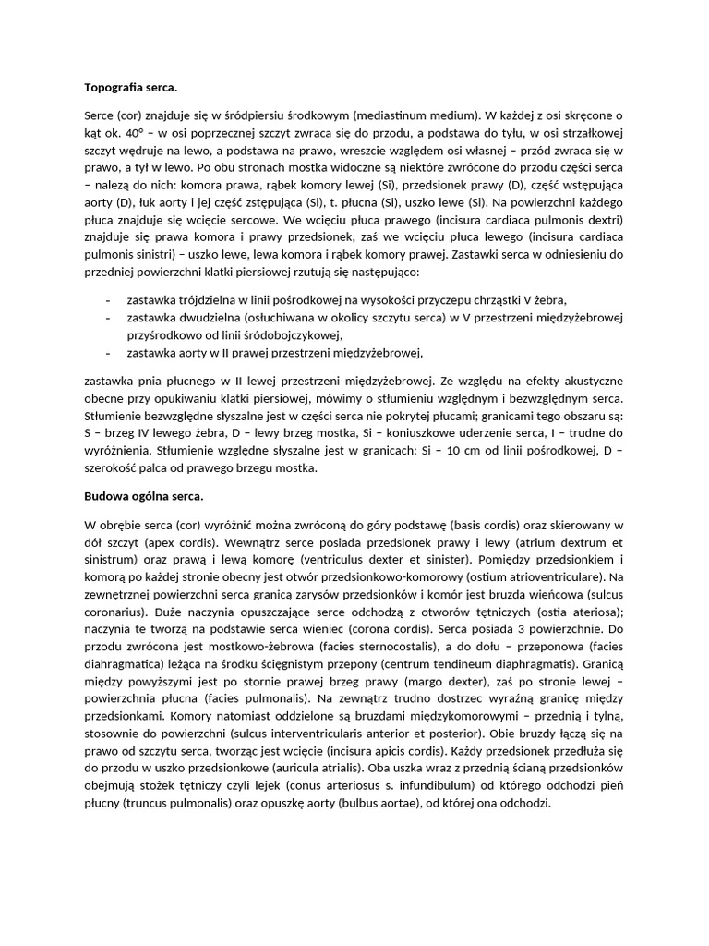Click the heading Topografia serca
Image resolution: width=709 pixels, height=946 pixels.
click(130, 88)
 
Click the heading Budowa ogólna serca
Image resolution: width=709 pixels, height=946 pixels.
click(143, 497)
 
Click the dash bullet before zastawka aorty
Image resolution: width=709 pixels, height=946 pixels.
click(110, 352)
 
